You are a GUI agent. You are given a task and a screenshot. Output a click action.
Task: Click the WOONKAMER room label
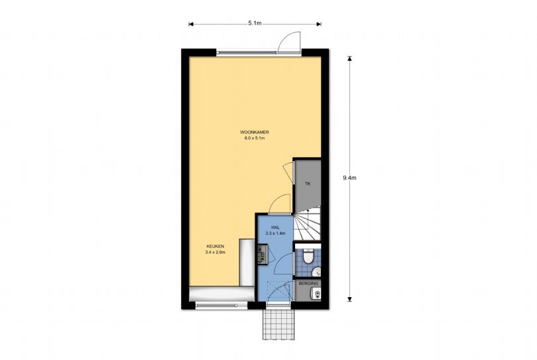pyautogui.click(x=255, y=132)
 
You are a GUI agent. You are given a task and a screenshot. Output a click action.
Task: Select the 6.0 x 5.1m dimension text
pyautogui.click(x=255, y=139)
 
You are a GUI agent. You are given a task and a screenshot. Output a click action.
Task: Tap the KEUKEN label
pyautogui.click(x=215, y=246)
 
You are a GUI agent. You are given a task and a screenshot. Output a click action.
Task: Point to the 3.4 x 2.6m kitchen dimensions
pyautogui.click(x=215, y=253)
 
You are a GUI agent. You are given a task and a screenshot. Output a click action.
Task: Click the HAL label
pyautogui.click(x=275, y=227)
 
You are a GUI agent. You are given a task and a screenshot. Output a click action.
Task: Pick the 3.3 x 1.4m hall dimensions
pyautogui.click(x=275, y=233)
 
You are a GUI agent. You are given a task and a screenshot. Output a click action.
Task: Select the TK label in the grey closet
pyautogui.click(x=308, y=184)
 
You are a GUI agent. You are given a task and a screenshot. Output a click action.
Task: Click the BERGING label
pyautogui.click(x=308, y=284)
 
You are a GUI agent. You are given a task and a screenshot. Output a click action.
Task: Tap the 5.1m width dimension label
pyautogui.click(x=255, y=23)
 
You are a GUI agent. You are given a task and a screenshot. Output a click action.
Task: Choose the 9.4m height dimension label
pyautogui.click(x=349, y=178)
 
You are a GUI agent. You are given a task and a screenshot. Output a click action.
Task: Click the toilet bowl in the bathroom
pyautogui.click(x=308, y=257)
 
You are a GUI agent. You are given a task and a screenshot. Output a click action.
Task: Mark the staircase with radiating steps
pyautogui.click(x=307, y=223)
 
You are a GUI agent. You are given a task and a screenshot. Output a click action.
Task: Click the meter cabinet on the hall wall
pyautogui.click(x=263, y=254)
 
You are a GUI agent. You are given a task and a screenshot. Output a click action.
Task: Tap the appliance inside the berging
pyautogui.click(x=315, y=294)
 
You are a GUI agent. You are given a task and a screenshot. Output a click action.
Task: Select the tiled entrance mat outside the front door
pyautogui.click(x=278, y=324)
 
